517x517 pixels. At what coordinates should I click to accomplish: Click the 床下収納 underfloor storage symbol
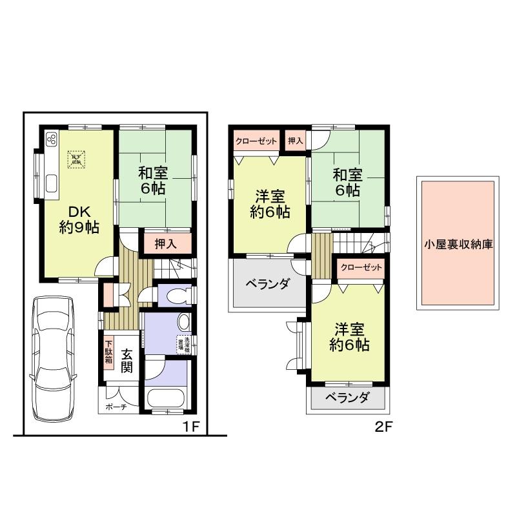point(76,158)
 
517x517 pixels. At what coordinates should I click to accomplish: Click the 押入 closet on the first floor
point(166,244)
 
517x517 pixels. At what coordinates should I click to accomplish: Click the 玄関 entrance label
point(127,361)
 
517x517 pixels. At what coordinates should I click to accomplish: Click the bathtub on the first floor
point(165,399)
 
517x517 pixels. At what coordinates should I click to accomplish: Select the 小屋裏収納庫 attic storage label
point(459,245)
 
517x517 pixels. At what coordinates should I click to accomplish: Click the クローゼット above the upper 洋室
point(256,141)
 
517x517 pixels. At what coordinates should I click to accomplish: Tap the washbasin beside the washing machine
point(183,322)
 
